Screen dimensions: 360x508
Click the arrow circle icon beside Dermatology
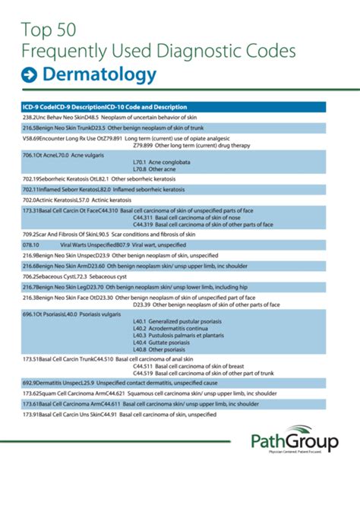pyautogui.click(x=29, y=74)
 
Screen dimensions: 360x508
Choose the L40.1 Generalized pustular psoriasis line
pyautogui.click(x=175, y=322)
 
